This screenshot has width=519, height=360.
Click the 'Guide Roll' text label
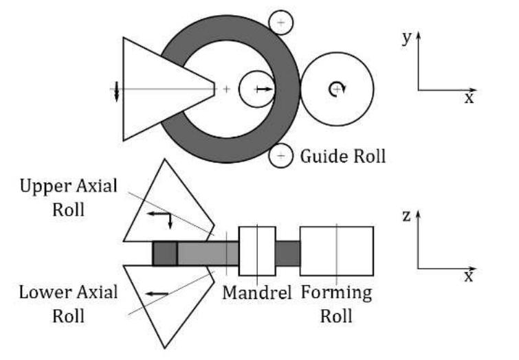[x=342, y=156]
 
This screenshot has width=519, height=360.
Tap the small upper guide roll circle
[x=280, y=23]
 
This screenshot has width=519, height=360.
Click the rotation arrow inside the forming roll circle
[x=336, y=87]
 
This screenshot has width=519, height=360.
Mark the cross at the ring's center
[x=227, y=89]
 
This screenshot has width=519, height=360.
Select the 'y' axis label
[x=407, y=38]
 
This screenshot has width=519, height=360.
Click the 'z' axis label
[x=407, y=216]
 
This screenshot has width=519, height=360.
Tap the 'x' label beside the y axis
[x=469, y=98]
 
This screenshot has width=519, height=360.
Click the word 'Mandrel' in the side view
[x=257, y=293]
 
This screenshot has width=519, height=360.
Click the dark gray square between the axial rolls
[x=164, y=253]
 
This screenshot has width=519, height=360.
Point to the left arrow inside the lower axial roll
[x=157, y=293]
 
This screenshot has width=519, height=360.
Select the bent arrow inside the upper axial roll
[x=160, y=218]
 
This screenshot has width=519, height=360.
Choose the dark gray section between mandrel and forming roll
[x=287, y=253]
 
